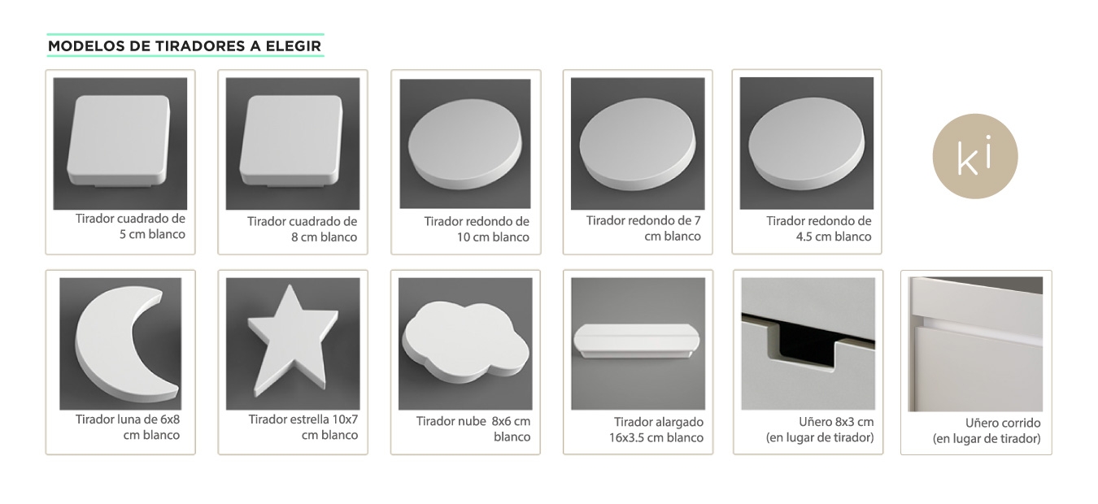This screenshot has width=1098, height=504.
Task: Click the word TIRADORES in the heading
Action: (x=200, y=46)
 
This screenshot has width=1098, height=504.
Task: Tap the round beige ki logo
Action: (x=975, y=156)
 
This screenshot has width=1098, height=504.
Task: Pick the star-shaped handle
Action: (x=293, y=341)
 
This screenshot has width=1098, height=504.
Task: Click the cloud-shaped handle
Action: (x=465, y=344)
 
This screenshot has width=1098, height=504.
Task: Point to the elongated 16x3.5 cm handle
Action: (x=637, y=340)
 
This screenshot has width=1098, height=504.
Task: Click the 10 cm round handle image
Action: (x=465, y=144)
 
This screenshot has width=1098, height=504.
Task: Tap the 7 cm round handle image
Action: (x=637, y=143)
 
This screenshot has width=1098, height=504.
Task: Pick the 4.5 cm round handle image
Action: (x=806, y=142)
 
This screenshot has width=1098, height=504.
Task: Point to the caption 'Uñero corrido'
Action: (x=1003, y=423)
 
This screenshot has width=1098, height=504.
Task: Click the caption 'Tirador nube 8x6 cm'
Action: (x=473, y=421)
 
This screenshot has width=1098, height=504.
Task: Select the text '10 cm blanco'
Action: (x=493, y=237)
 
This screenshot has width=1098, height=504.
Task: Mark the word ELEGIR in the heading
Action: (x=293, y=46)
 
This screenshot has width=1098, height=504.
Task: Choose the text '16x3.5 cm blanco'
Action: (x=656, y=437)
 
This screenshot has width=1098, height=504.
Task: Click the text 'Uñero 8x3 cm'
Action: (x=836, y=422)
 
